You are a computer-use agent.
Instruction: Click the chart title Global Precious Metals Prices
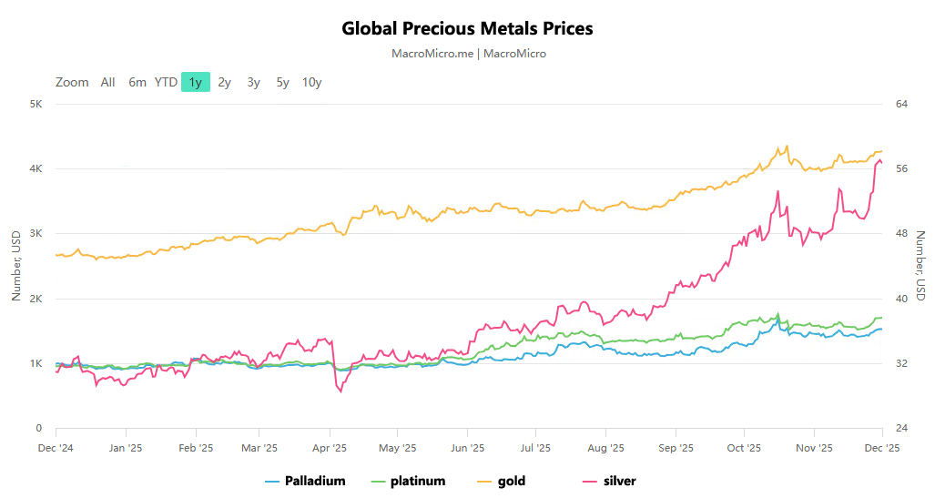point(467,28)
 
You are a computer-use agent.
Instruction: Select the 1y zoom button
point(195,82)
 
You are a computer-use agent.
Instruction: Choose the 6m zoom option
point(137,82)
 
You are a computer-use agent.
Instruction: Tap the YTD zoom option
point(166,82)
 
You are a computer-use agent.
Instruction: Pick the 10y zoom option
point(311,82)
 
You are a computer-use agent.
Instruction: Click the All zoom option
point(107,82)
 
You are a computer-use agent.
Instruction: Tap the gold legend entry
point(511,481)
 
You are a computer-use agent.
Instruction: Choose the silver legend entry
point(619,481)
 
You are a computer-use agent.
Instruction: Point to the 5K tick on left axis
point(36,104)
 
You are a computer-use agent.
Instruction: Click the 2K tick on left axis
point(36,299)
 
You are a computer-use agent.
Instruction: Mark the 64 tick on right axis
point(902,104)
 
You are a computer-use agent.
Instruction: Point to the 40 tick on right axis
point(902,299)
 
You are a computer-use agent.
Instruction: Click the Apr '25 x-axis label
point(330,448)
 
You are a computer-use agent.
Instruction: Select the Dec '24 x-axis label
point(56,448)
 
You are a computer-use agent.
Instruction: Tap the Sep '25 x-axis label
point(675,448)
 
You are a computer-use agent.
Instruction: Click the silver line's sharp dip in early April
point(340,391)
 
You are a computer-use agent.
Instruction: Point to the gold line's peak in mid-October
point(786,147)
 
